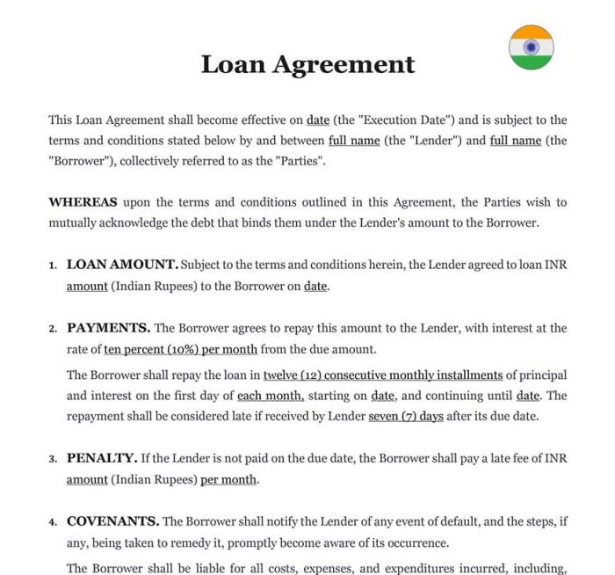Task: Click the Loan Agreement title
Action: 307,64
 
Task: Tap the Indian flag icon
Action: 532,47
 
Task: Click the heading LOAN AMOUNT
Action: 122,265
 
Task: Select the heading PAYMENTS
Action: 108,328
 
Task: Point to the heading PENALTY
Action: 102,458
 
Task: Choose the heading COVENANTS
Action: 112,521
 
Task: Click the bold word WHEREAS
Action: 83,202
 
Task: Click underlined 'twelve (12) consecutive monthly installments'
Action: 383,375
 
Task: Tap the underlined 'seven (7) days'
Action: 406,417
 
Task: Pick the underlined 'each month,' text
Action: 271,396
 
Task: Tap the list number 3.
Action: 53,459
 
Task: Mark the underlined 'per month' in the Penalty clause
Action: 228,480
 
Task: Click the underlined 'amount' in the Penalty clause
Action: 87,480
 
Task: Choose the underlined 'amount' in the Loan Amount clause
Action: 87,287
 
